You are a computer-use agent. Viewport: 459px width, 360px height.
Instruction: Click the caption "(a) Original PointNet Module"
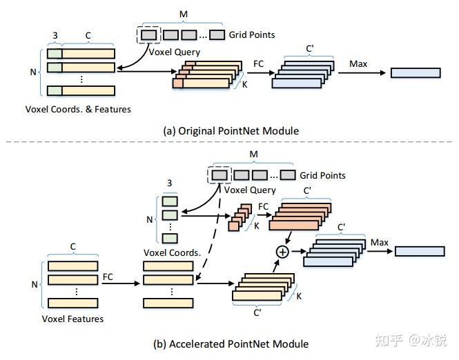pyautogui.click(x=231, y=131)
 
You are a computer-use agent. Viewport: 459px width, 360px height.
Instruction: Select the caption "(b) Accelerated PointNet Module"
pyautogui.click(x=231, y=344)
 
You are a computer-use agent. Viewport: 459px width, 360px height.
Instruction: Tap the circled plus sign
pyautogui.click(x=282, y=252)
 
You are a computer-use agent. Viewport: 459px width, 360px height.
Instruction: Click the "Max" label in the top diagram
pyautogui.click(x=358, y=63)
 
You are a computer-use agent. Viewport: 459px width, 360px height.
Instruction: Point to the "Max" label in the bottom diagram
pyautogui.click(x=380, y=243)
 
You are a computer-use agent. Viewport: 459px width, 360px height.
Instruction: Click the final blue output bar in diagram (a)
pyautogui.click(x=416, y=73)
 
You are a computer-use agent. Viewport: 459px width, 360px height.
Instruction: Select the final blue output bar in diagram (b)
pyautogui.click(x=420, y=252)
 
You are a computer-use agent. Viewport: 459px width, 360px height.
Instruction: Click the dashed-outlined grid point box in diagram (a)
pyautogui.click(x=148, y=35)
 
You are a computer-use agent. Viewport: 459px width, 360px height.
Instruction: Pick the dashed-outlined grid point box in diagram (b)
pyautogui.click(x=219, y=175)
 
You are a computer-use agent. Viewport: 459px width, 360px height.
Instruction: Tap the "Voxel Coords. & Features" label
pyautogui.click(x=78, y=110)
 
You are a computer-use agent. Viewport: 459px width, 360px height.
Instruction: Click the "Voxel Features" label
pyautogui.click(x=72, y=319)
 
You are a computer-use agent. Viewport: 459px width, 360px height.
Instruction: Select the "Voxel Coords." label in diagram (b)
pyautogui.click(x=172, y=252)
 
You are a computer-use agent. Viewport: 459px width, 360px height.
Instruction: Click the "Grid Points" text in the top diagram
pyautogui.click(x=252, y=34)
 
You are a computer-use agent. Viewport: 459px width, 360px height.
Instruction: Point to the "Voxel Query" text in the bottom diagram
pyautogui.click(x=250, y=190)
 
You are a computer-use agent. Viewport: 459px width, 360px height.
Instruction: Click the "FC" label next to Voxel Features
pyautogui.click(x=108, y=277)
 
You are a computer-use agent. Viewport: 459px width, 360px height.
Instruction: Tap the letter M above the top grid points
pyautogui.click(x=183, y=14)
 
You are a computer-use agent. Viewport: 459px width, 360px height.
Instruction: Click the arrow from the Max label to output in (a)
pyautogui.click(x=362, y=73)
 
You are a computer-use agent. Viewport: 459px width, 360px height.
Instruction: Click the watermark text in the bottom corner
pyautogui.click(x=411, y=341)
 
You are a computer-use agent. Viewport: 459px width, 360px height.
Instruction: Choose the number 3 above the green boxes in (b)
pyautogui.click(x=170, y=183)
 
